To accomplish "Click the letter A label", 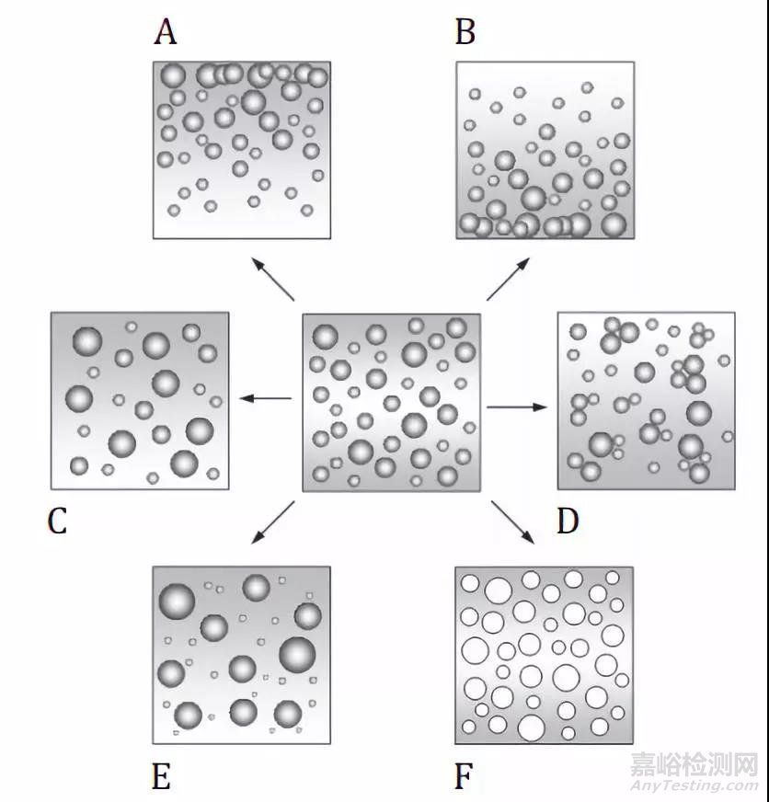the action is (x=166, y=32).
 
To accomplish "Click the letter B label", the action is (x=465, y=32).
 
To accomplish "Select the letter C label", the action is (x=57, y=521).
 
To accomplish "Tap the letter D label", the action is (x=568, y=521).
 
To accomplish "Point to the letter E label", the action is (x=161, y=777).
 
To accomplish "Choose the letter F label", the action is (x=464, y=777).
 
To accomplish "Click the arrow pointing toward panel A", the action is (x=274, y=279).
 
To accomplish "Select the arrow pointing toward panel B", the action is (x=508, y=279).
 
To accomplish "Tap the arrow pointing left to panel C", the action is (x=266, y=398).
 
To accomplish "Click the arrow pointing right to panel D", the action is (x=517, y=407).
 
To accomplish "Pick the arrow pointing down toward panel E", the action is (x=272, y=522).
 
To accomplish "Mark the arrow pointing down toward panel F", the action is (x=512, y=522).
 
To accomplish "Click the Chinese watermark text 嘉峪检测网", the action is (x=694, y=764).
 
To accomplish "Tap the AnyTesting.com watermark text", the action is (x=694, y=785).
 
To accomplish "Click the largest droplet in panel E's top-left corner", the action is (x=177, y=601).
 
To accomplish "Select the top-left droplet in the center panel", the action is (x=326, y=337).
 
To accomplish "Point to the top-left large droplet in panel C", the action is (x=87, y=341).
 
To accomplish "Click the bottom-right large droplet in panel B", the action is (x=614, y=224).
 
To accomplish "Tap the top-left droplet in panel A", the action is (x=173, y=75).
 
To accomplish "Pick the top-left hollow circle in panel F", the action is (x=470, y=584).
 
